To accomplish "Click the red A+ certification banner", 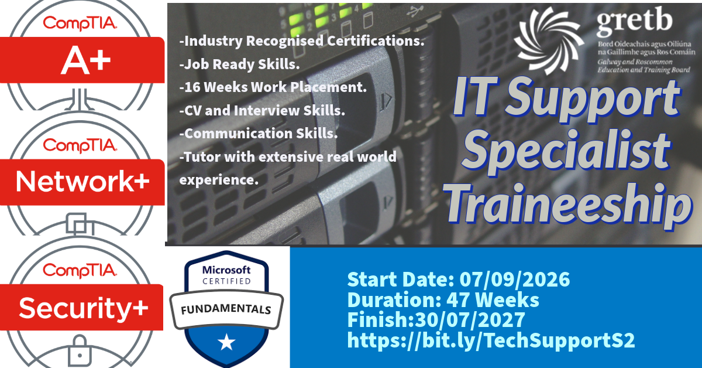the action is (82, 60).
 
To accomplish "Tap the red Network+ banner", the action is (82, 182).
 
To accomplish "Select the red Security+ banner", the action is (81, 307).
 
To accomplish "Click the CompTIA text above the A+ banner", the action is (80, 23).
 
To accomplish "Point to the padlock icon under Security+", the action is (80, 352).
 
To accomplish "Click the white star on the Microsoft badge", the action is (226, 342).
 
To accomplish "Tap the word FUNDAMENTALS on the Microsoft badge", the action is (226, 309).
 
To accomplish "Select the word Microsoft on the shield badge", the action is (226, 270).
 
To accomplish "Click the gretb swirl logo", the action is (550, 41).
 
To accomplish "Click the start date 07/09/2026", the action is (515, 279).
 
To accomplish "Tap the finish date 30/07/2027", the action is (470, 319).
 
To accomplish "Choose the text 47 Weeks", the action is (493, 299).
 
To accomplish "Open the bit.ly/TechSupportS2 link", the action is (491, 340).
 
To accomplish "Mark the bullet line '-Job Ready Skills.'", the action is (239, 64).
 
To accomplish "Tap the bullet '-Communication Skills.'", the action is (258, 134).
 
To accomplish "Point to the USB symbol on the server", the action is (415, 12).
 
